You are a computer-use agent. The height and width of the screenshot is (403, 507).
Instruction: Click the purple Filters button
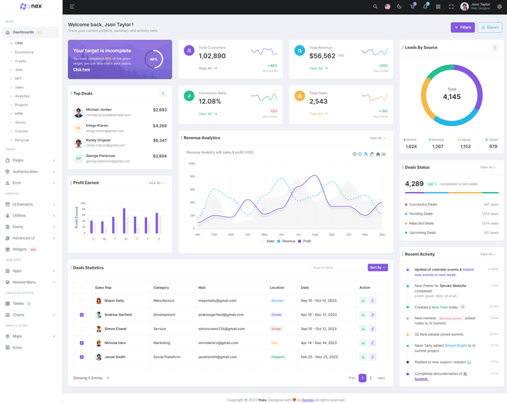[463, 27]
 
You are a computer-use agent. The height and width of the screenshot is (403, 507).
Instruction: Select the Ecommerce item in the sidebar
[24, 52]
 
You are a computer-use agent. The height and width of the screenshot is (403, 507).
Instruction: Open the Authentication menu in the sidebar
[25, 172]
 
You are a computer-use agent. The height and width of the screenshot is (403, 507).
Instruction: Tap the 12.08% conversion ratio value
[210, 101]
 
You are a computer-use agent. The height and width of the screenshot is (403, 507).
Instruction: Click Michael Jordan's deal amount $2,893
[160, 110]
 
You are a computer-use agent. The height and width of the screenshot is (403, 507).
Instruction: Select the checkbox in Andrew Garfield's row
[82, 315]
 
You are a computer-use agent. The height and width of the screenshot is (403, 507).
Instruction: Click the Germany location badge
[277, 300]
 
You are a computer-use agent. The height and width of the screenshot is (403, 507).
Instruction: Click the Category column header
[161, 287]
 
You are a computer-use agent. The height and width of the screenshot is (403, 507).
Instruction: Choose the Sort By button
[377, 267]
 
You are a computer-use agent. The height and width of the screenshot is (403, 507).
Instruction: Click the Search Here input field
[337, 267]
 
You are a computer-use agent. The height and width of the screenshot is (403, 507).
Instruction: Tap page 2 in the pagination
[371, 378]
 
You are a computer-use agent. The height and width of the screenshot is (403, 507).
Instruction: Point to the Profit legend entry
[305, 241]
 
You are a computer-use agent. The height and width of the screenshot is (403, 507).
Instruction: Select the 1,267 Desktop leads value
[438, 146]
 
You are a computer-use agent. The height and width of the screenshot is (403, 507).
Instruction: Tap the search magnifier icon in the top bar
[375, 7]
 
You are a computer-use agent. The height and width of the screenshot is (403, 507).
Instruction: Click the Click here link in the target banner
[81, 69]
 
